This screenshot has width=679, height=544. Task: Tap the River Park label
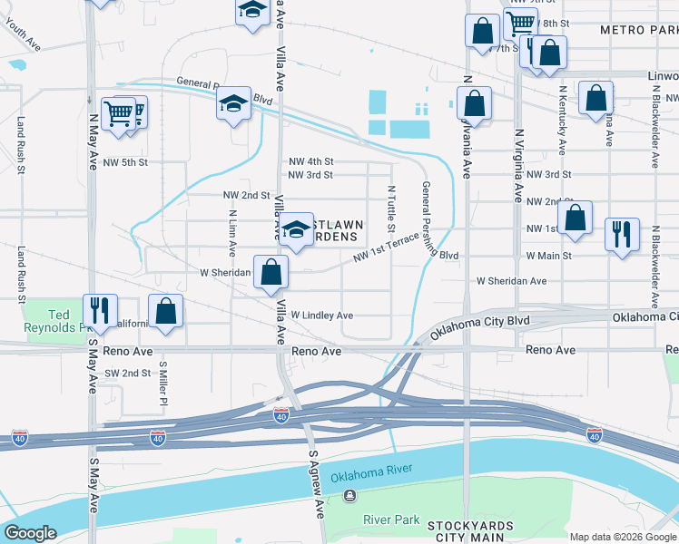[391, 520]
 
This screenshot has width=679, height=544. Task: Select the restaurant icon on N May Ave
[100, 310]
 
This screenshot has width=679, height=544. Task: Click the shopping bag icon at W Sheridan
[271, 271]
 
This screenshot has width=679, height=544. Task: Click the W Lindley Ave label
[321, 316]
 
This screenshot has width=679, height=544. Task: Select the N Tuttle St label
[392, 209]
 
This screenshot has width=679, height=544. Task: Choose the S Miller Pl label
[162, 385]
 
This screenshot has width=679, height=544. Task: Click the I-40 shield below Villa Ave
[281, 414]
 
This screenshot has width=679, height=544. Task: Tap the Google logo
[30, 534]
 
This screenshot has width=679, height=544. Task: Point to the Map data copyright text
[623, 537]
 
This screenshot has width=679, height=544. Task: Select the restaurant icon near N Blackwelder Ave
[622, 234]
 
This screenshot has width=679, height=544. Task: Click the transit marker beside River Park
[349, 496]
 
